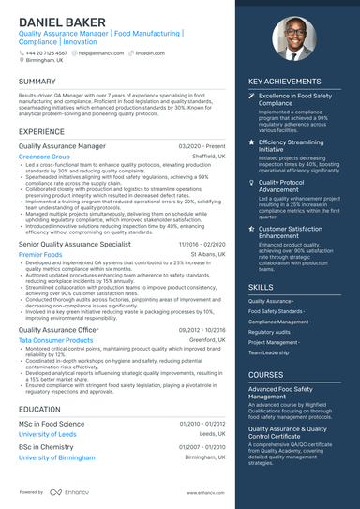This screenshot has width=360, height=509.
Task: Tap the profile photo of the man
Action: tap(292, 41)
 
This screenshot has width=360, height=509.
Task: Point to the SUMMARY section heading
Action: tap(37, 82)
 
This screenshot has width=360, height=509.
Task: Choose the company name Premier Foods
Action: tap(40, 254)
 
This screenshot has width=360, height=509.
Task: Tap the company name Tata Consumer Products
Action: tap(55, 340)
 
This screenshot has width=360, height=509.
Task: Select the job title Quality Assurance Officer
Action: tap(57, 330)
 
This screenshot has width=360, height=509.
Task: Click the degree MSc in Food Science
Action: tap(51, 424)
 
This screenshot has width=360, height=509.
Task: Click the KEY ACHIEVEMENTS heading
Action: tap(284, 82)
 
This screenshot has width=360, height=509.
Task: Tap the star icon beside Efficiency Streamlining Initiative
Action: tap(251, 142)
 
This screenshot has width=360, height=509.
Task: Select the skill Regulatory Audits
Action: tap(270, 332)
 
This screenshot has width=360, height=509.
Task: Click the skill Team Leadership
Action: tap(268, 352)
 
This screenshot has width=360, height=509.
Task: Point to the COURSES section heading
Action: tap(266, 374)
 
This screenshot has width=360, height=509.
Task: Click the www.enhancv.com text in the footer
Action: tap(203, 492)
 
